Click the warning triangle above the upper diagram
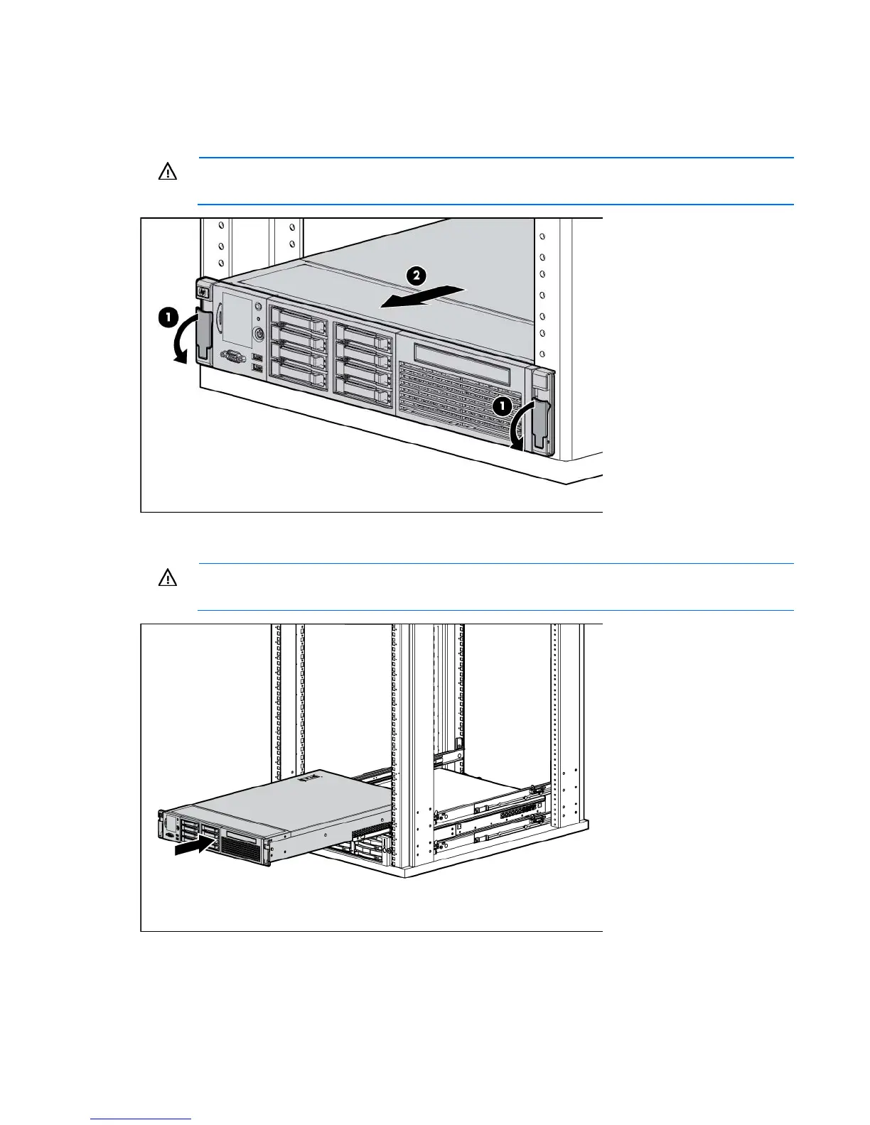pyautogui.click(x=168, y=173)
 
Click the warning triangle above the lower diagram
pyautogui.click(x=168, y=579)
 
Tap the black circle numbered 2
pyautogui.click(x=416, y=276)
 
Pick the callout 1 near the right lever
pyautogui.click(x=502, y=406)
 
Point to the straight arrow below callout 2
pyautogui.click(x=421, y=296)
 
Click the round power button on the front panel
pyautogui.click(x=259, y=332)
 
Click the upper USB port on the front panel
pyautogui.click(x=257, y=355)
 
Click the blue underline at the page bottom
pyautogui.click(x=141, y=1119)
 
